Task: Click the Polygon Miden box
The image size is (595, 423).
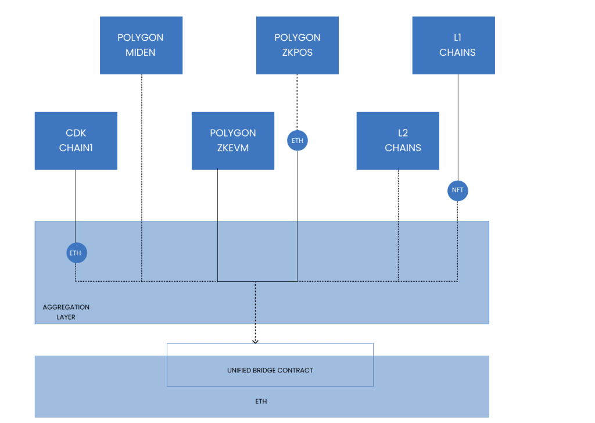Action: pyautogui.click(x=141, y=45)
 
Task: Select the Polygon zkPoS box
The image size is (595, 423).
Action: pyautogui.click(x=297, y=45)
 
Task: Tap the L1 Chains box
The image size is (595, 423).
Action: pyautogui.click(x=453, y=45)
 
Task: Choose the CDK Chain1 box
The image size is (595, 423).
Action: pyautogui.click(x=76, y=141)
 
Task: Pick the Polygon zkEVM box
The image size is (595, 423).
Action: pyautogui.click(x=232, y=141)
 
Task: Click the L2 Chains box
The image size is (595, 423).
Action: pyautogui.click(x=397, y=141)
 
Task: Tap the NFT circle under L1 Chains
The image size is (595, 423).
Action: pyautogui.click(x=457, y=191)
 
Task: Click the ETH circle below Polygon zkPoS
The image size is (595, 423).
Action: pyautogui.click(x=297, y=141)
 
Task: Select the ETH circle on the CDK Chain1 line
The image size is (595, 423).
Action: pyautogui.click(x=76, y=253)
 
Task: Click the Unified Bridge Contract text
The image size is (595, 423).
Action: pyautogui.click(x=270, y=370)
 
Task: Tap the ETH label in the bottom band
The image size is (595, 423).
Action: pyautogui.click(x=261, y=401)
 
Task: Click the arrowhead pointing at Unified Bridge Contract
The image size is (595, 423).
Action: pyautogui.click(x=255, y=341)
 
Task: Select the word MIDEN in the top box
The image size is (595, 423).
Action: pyautogui.click(x=141, y=52)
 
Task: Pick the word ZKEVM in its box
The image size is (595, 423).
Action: pyautogui.click(x=232, y=148)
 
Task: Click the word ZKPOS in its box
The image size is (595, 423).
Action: pyautogui.click(x=297, y=52)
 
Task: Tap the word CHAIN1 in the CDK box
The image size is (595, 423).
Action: pyautogui.click(x=76, y=148)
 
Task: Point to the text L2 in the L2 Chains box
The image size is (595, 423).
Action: pyautogui.click(x=403, y=133)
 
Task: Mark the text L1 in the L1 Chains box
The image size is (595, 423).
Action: pyautogui.click(x=457, y=38)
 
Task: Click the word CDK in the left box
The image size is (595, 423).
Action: pyautogui.click(x=76, y=133)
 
